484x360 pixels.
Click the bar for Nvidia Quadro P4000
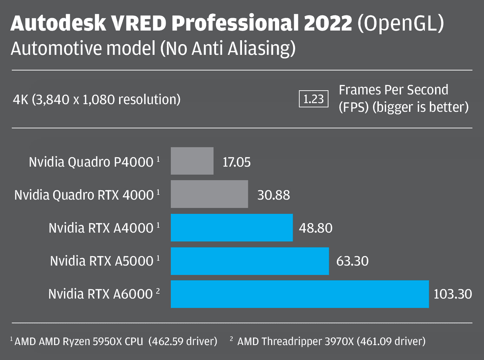[x=192, y=161]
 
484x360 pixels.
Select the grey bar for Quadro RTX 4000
[x=209, y=194]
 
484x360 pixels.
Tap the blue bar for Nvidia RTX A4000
[x=232, y=227]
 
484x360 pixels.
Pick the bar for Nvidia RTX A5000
[x=250, y=261]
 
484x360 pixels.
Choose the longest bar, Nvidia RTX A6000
[x=300, y=294]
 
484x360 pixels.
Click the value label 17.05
[x=236, y=162]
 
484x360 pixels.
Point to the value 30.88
[x=273, y=195]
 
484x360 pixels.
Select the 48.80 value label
[x=316, y=228]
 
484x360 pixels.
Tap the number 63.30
[x=352, y=261]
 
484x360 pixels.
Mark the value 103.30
[x=452, y=294]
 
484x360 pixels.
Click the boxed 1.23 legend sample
[x=314, y=99]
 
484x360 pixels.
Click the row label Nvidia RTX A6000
[x=100, y=294]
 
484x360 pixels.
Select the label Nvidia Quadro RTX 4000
[x=84, y=195]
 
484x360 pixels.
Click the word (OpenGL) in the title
[x=401, y=24]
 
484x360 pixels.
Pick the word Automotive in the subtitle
[x=57, y=48]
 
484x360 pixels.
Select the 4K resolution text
[x=97, y=100]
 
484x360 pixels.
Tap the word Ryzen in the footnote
[x=78, y=342]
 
